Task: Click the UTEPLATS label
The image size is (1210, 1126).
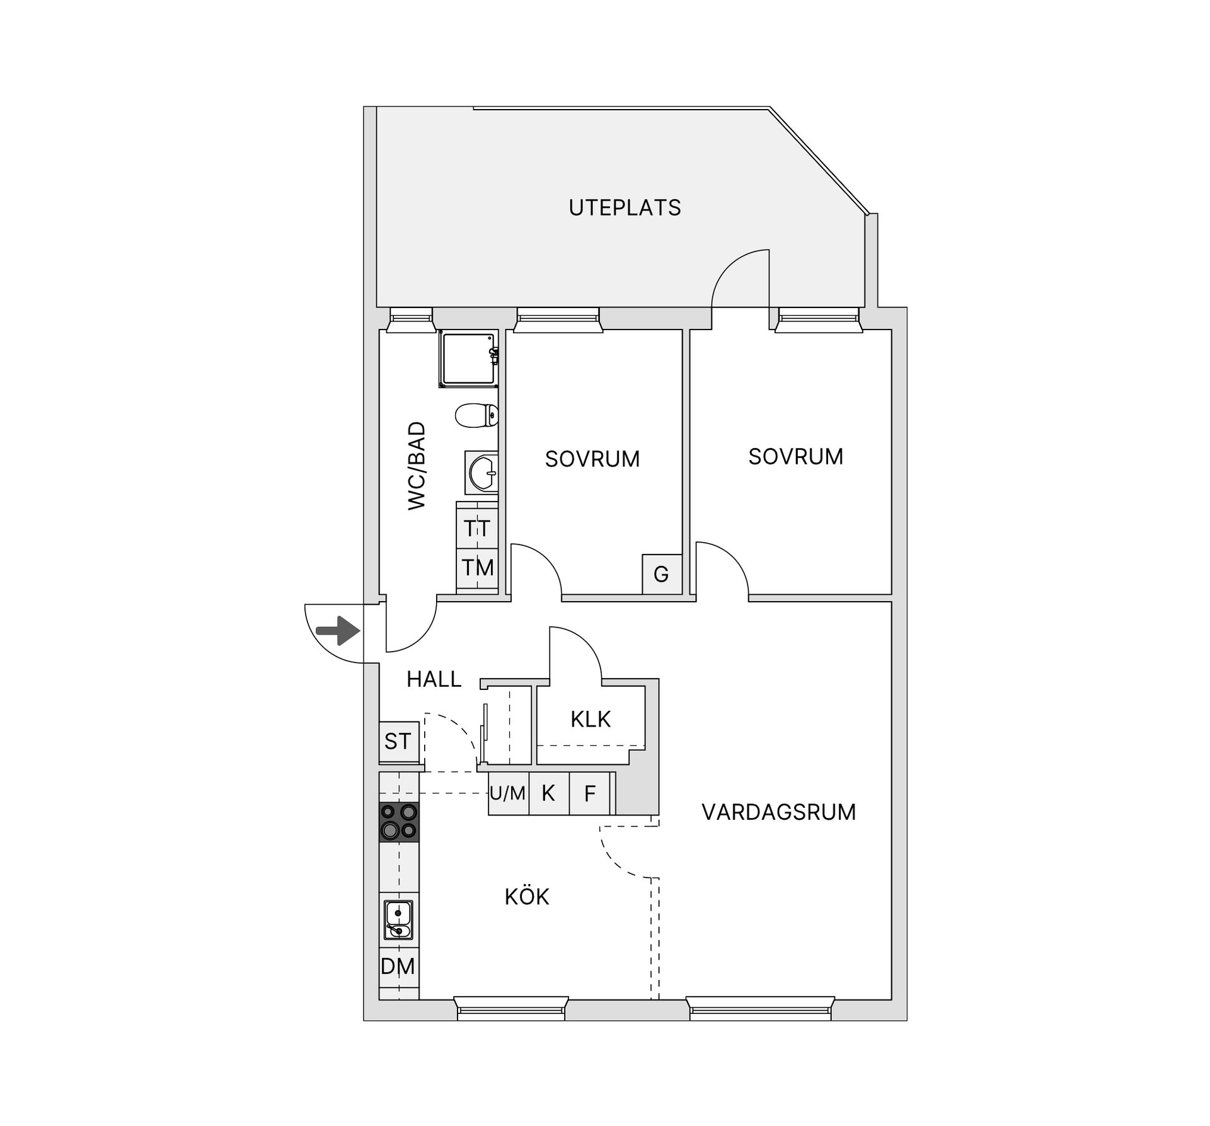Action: pos(625,208)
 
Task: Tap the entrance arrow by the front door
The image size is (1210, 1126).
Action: pos(338,631)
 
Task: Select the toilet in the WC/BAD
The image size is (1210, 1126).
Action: pos(477,415)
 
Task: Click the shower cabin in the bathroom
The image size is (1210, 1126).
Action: pos(469,358)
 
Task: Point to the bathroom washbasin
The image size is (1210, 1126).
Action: pos(482,472)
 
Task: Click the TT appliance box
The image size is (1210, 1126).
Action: pos(477,528)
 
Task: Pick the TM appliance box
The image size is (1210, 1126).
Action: pos(477,568)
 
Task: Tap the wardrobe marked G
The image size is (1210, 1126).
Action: pos(661,574)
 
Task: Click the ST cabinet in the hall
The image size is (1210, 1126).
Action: pos(398,742)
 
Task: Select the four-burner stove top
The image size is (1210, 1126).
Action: pos(398,822)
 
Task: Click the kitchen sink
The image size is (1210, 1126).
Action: pos(398,920)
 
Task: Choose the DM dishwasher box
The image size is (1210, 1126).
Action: pos(398,966)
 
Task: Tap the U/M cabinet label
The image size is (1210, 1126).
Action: pos(508,793)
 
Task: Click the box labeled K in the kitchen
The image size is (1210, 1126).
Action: pos(548,793)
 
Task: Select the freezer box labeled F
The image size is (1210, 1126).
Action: pos(590,793)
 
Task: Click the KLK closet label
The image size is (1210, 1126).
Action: pos(591,719)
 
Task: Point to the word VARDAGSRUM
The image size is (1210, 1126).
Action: pos(779,812)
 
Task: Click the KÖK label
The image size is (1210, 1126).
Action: pos(527,897)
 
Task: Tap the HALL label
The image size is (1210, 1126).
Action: pos(434,679)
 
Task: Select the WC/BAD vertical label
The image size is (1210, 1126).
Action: pos(417,466)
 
